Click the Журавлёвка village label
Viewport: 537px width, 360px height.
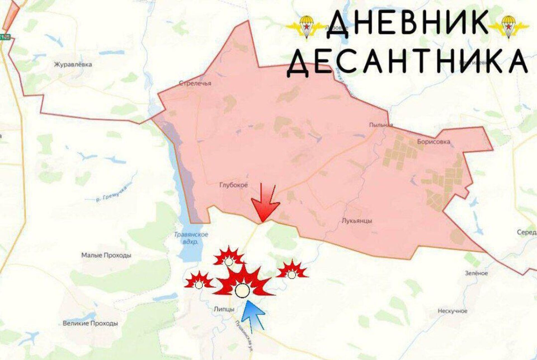(x=73, y=65)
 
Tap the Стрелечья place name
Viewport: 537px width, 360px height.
(x=195, y=83)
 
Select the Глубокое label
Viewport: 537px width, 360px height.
(x=234, y=185)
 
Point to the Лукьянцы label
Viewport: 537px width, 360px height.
(x=357, y=221)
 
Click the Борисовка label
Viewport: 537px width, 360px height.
(x=433, y=142)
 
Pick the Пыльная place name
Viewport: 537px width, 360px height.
(x=381, y=125)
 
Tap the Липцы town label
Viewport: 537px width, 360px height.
(x=223, y=309)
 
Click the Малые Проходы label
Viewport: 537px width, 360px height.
(x=106, y=255)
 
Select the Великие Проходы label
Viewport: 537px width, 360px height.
(x=90, y=323)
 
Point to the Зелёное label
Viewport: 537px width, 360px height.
(x=476, y=273)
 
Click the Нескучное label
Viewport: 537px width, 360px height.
(x=452, y=311)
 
